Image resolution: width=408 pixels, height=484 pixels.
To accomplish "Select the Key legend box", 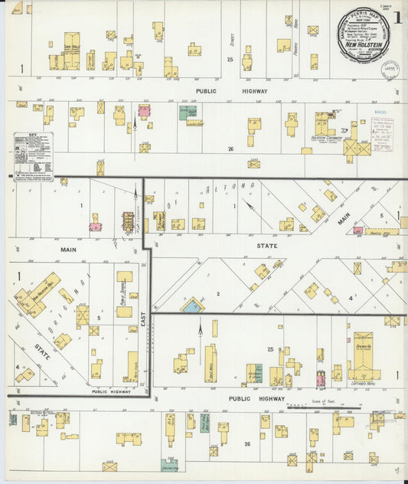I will [x=33, y=152].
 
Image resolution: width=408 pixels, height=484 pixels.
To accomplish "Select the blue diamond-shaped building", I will [x=191, y=306].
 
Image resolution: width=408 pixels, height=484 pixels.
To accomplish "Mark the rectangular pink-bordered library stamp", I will [x=382, y=133].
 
